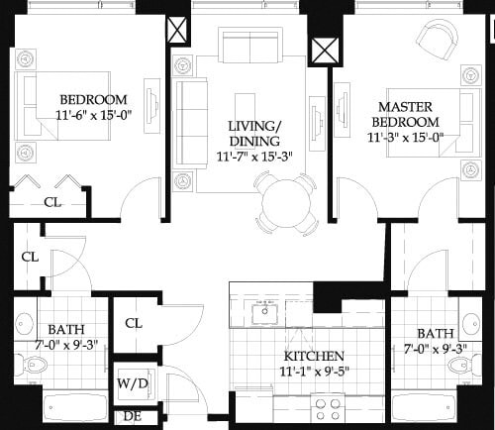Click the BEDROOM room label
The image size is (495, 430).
pos(93,99)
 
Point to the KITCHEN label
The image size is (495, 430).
pos(314,356)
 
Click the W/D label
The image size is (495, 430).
pos(132,382)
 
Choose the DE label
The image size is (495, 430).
pos(132,417)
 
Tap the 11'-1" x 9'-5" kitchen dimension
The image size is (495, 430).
pos(314,373)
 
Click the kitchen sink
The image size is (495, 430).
pos(266,315)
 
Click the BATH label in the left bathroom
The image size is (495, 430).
pos(65,330)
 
